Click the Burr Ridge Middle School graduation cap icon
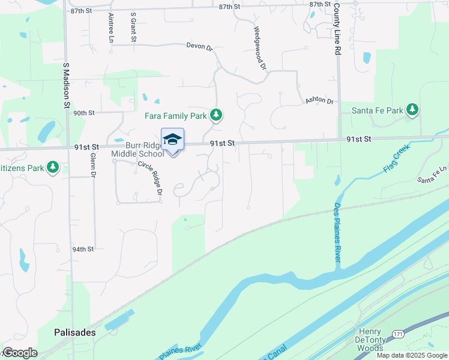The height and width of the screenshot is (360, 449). [172, 139]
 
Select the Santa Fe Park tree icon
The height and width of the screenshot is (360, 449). [412, 110]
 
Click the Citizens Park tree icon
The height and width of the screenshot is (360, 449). [53, 167]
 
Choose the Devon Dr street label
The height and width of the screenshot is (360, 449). [200, 46]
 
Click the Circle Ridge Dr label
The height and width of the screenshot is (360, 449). [150, 178]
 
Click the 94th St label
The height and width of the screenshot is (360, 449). [83, 249]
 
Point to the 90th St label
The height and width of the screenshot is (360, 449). [84, 112]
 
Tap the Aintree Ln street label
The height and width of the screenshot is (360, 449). [111, 28]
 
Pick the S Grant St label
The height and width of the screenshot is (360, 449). [133, 29]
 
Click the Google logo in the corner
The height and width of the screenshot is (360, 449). [19, 353]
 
